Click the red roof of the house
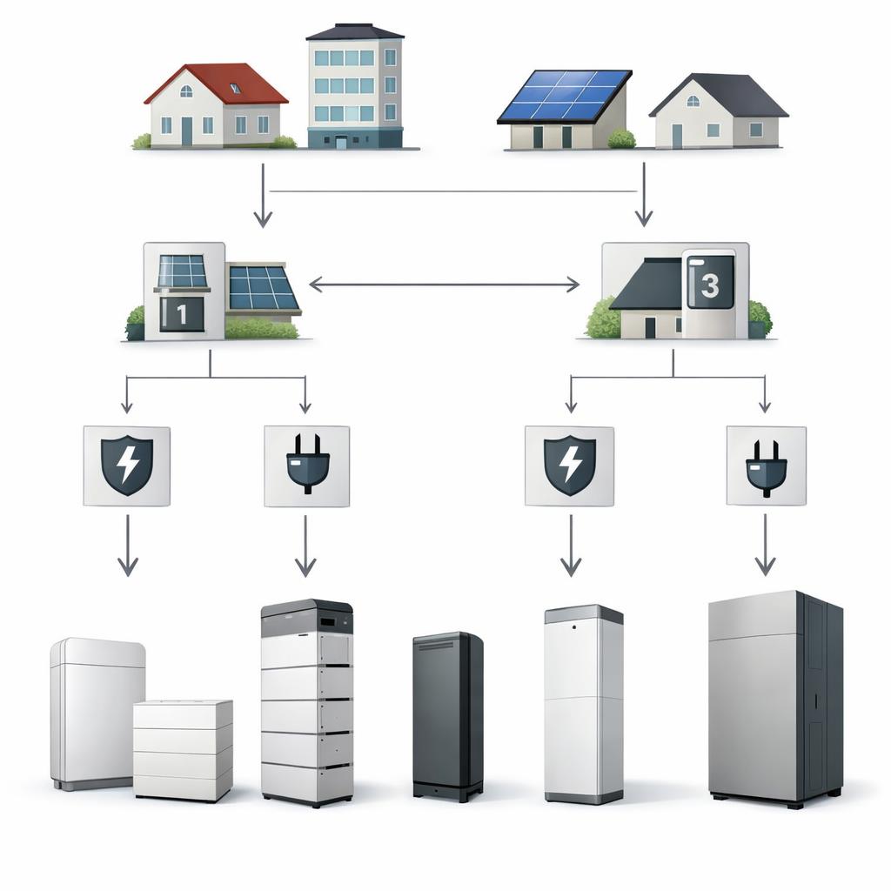222,83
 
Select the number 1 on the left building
181,314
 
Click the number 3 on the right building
710,285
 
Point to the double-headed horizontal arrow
444,285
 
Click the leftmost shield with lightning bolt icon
127,466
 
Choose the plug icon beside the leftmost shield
307,464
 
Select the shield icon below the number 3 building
570,466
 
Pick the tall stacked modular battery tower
307,702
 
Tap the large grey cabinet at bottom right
775,698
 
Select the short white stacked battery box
183,750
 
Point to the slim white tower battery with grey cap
584,704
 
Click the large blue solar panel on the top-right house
564,96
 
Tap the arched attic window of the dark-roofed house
693,101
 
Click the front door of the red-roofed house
187,131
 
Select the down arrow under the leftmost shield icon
127,546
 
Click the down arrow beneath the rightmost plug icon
766,545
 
